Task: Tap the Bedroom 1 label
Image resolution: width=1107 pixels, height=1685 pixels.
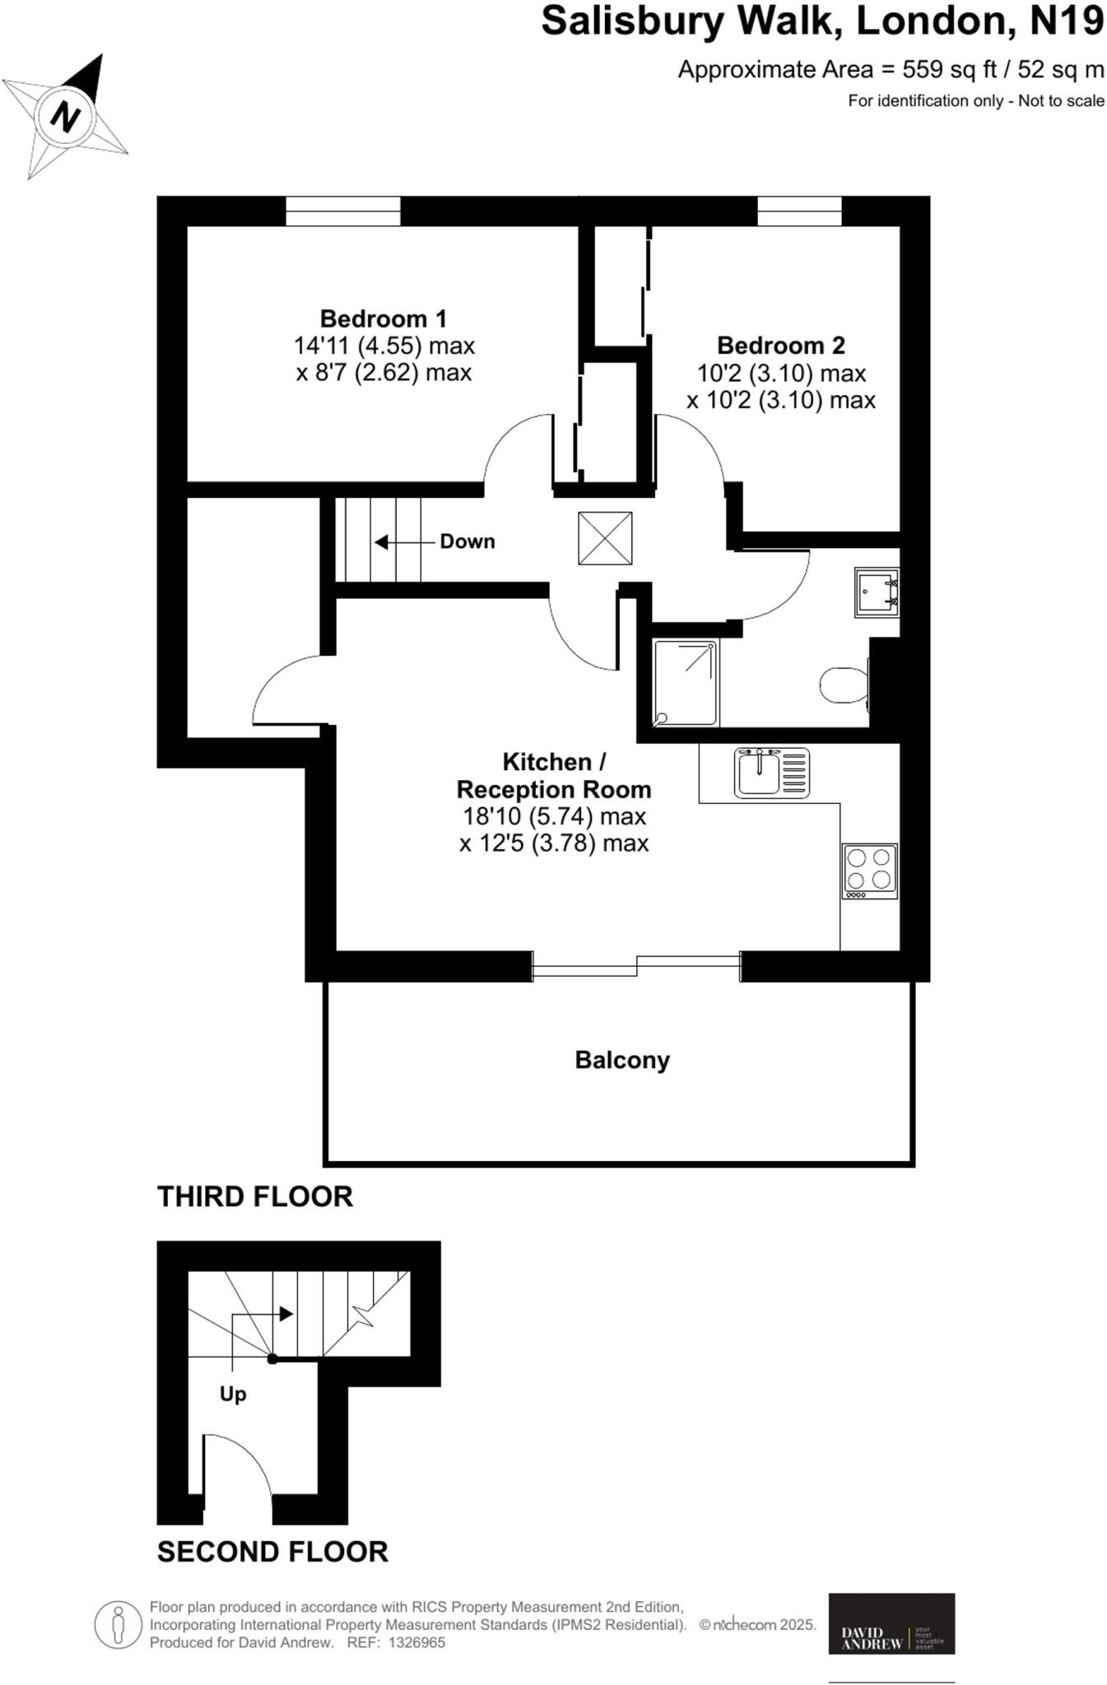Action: click(384, 318)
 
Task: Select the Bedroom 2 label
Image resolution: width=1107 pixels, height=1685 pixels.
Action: click(780, 345)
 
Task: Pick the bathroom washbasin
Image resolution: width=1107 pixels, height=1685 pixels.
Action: click(876, 592)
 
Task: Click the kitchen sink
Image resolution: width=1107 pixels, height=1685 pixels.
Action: click(771, 773)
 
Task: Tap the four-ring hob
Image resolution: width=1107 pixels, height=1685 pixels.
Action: click(869, 870)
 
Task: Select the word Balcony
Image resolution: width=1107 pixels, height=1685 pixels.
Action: click(622, 1060)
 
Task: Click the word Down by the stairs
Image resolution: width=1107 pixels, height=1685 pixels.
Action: click(467, 541)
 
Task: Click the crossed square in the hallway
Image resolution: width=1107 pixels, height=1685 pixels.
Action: click(605, 538)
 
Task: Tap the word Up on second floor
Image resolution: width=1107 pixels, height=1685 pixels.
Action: click(233, 1394)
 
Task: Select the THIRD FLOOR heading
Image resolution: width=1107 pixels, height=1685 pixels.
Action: click(255, 1196)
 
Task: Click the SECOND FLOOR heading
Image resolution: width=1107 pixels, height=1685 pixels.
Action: click(272, 1552)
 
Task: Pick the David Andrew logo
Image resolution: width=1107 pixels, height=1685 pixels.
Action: click(891, 1623)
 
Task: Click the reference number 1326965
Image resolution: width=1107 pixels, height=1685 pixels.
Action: click(416, 1643)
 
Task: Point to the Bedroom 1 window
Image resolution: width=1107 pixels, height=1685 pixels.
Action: click(343, 211)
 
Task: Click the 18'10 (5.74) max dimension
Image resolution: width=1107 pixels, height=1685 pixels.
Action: click(554, 817)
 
